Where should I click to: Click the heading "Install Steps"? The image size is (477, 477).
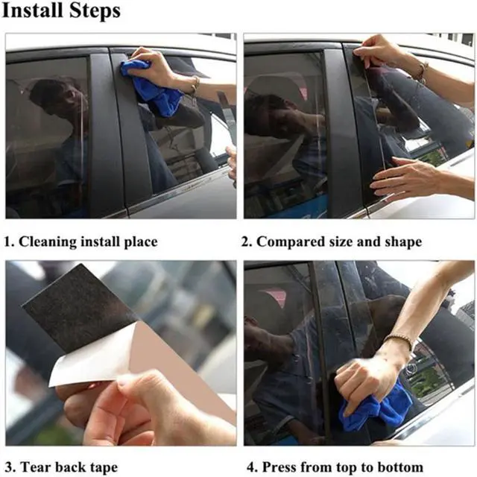62,13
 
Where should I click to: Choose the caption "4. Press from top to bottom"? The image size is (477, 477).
335,467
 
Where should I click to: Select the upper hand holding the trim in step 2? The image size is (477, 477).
380,52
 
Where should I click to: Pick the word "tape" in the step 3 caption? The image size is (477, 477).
102,467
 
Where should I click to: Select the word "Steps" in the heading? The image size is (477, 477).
95,13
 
